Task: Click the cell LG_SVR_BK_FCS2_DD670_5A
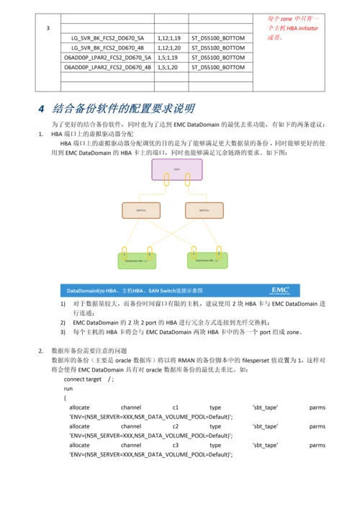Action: pos(107,37)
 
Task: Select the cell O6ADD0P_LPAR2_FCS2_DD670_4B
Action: pos(107,67)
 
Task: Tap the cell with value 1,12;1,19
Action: pos(170,37)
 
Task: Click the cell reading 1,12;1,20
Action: pos(170,48)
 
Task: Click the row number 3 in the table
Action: pos(48,28)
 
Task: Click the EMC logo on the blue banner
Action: pos(281,290)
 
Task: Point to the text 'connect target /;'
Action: pos(89,379)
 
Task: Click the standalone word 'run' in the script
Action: pos(68,388)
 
